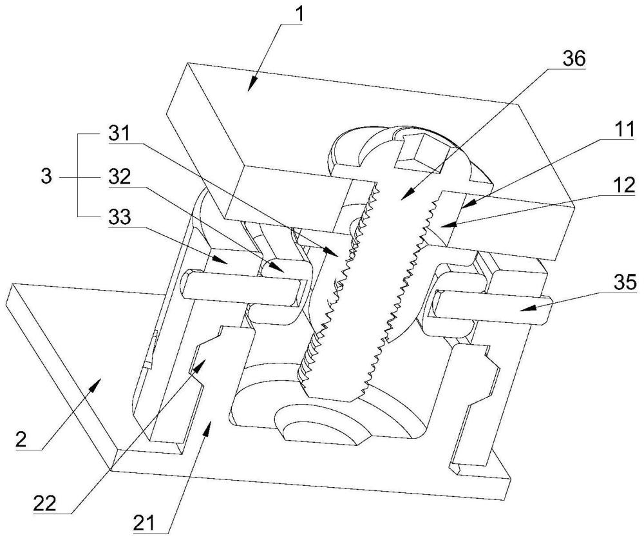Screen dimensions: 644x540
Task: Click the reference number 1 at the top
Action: (300, 14)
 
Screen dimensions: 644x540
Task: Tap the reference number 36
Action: (573, 59)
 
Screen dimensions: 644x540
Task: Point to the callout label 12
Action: (625, 186)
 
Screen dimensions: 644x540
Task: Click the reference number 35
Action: (625, 283)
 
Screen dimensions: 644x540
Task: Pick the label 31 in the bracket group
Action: (119, 133)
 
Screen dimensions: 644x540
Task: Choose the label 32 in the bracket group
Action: (120, 177)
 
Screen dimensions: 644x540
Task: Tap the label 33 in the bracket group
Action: (120, 217)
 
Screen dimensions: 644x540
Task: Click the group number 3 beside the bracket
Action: (47, 177)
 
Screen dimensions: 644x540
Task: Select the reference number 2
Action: (21, 439)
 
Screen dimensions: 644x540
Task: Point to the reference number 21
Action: (144, 524)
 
